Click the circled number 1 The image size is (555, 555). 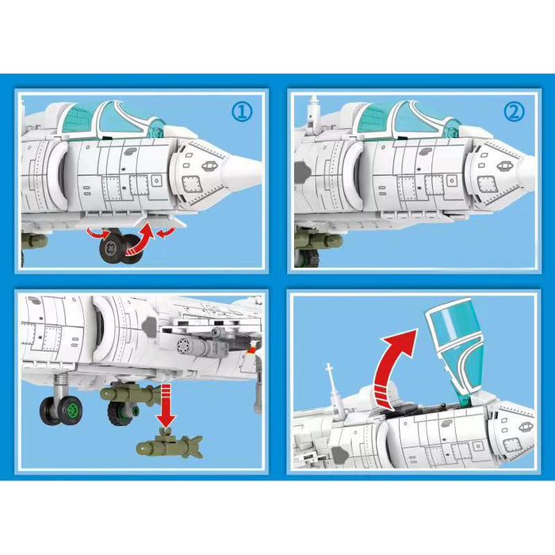pyautogui.click(x=243, y=112)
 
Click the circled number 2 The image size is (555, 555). pyautogui.click(x=514, y=112)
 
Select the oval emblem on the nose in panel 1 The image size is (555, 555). pyautogui.click(x=209, y=166)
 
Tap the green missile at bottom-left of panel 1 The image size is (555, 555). pyautogui.click(x=36, y=239)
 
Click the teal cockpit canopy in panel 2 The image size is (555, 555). pyautogui.click(x=388, y=118)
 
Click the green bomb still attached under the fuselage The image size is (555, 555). pyautogui.click(x=127, y=394)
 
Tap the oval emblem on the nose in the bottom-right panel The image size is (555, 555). pyautogui.click(x=526, y=427)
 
